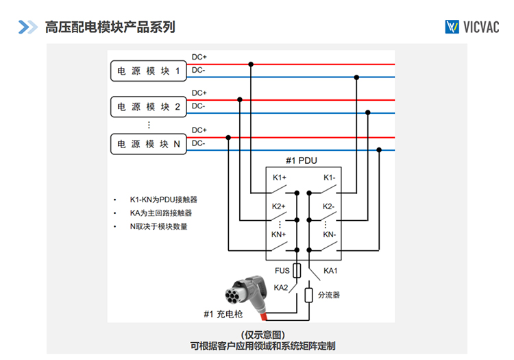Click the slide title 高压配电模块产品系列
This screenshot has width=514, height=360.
[110, 27]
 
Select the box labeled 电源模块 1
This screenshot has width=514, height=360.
[149, 71]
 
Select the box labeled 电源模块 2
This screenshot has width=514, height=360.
[149, 107]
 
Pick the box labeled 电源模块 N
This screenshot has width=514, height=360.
[149, 144]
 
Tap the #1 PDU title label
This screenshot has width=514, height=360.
[302, 161]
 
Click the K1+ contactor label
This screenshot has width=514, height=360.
[279, 178]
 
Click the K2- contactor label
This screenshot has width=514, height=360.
[329, 206]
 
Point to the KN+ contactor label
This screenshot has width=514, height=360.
[279, 235]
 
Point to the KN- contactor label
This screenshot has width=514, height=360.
[330, 235]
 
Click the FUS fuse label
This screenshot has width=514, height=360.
[282, 270]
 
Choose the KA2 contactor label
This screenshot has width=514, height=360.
[281, 287]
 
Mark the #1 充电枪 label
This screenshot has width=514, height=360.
[223, 314]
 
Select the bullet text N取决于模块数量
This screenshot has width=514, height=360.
[158, 226]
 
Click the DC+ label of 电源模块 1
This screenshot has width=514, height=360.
[199, 56]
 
